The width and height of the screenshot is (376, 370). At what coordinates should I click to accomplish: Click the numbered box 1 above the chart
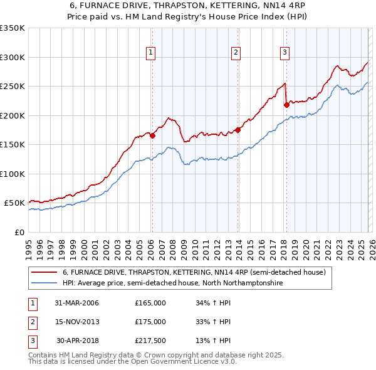[x=152, y=53]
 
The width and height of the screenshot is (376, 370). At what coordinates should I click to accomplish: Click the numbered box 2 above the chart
[x=236, y=53]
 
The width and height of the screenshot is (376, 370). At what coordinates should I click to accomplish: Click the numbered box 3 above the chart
[x=285, y=53]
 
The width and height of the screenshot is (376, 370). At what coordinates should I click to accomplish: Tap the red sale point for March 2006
[x=152, y=135]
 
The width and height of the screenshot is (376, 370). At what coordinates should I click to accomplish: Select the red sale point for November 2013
[x=238, y=130]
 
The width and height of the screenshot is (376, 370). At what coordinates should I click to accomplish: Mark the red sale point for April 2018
[x=286, y=105]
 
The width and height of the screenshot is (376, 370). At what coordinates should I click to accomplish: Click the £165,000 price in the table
[x=150, y=303]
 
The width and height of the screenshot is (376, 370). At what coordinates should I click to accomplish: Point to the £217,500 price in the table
[x=150, y=341]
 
